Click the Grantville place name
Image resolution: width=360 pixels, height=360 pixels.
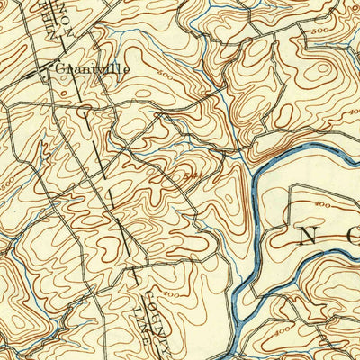[92, 67]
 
